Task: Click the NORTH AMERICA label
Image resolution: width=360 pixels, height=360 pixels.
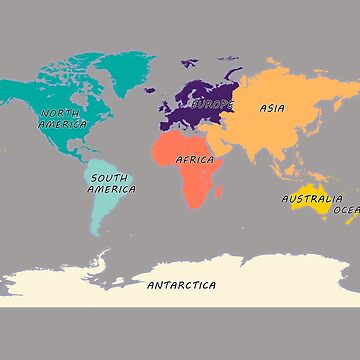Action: [62, 119]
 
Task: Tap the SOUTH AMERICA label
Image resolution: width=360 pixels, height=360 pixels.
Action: [111, 183]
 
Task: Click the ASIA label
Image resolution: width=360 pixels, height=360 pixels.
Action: [272, 107]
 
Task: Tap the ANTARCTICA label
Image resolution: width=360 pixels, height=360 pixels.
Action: [181, 285]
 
